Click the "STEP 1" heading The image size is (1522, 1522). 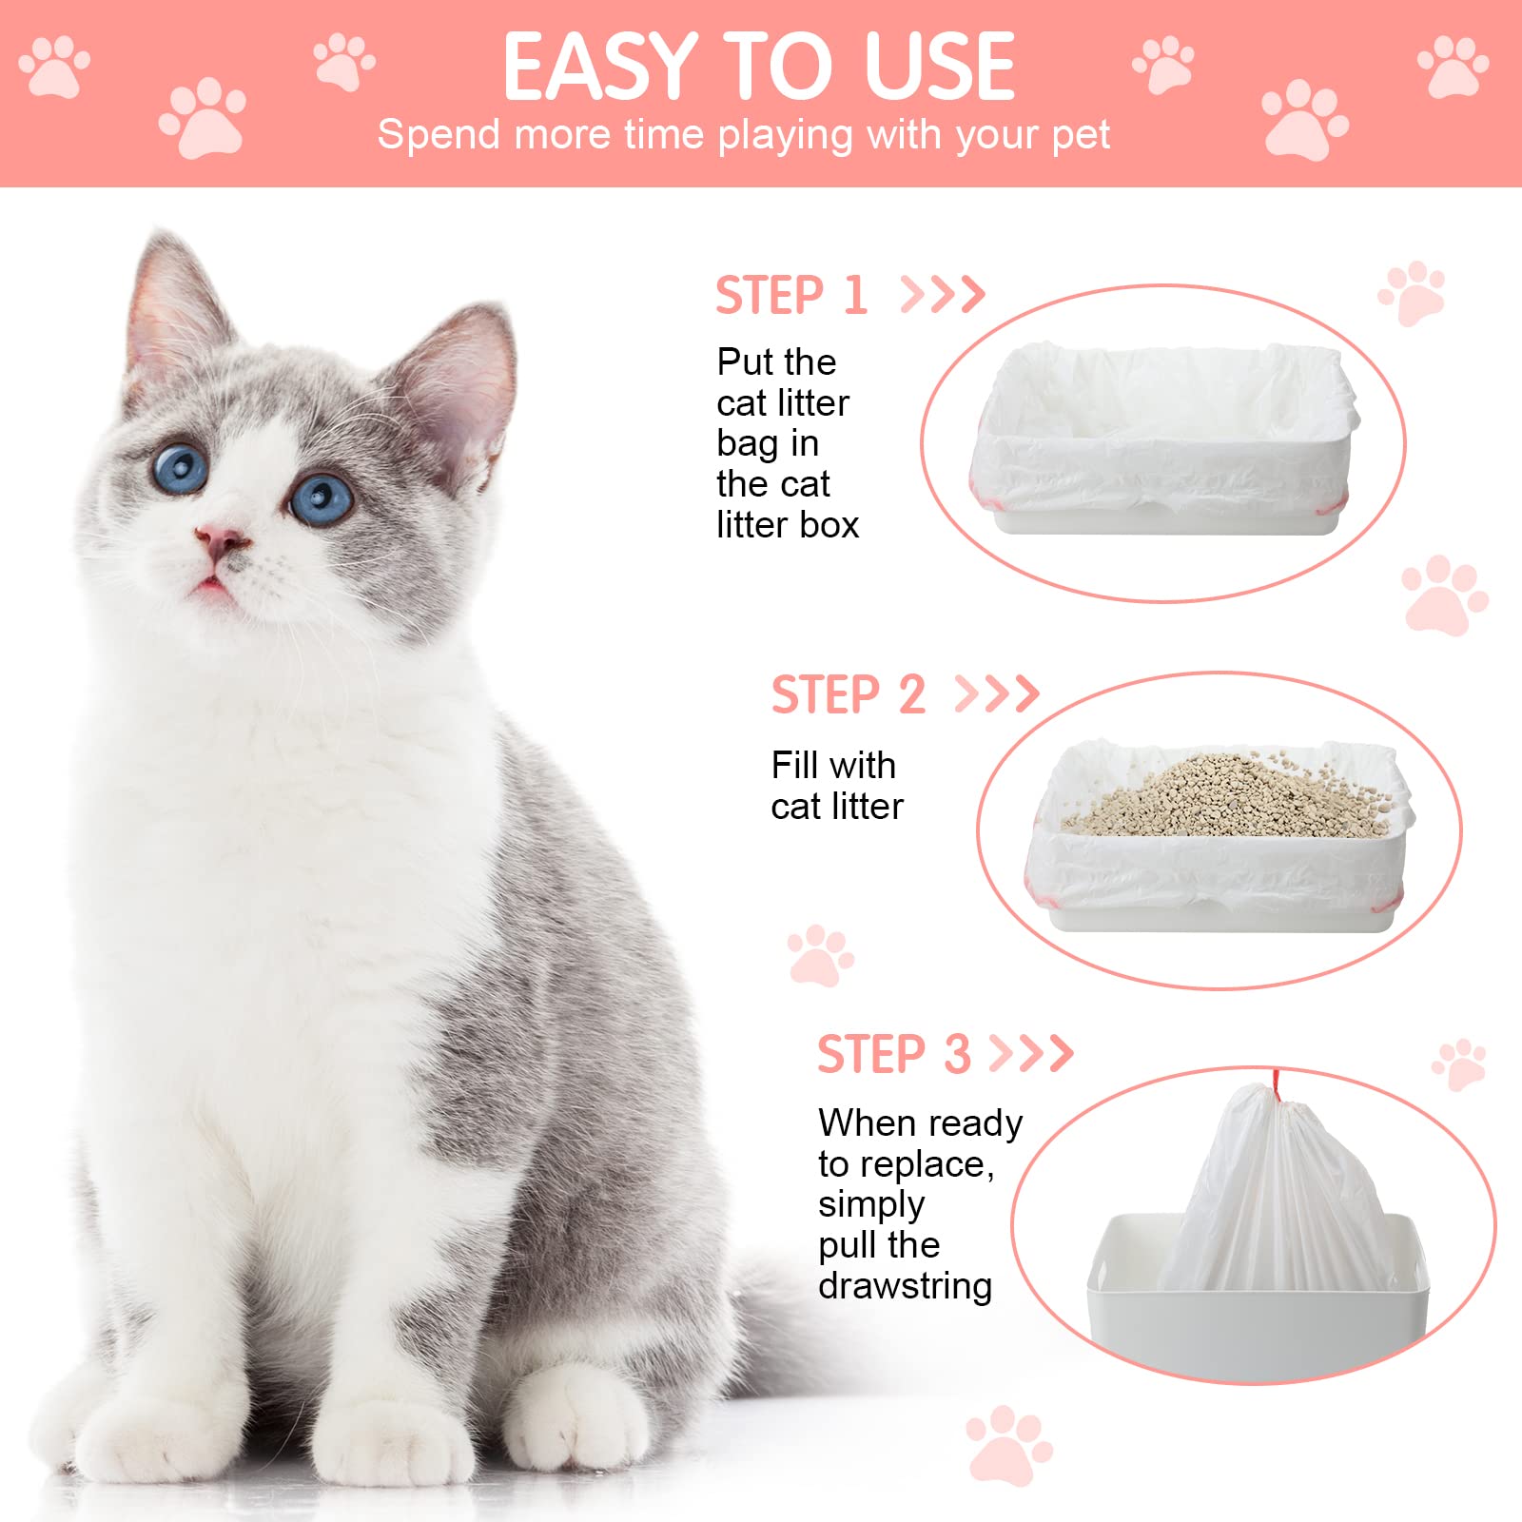click(791, 295)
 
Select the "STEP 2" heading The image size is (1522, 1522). click(848, 694)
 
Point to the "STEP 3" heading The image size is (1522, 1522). click(893, 1054)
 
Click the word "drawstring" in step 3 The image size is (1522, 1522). click(905, 1286)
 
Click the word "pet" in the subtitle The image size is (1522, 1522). click(1081, 135)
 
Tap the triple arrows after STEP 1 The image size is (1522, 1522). click(942, 295)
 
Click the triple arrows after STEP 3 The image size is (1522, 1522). click(1031, 1054)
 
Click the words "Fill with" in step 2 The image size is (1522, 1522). click(833, 766)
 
